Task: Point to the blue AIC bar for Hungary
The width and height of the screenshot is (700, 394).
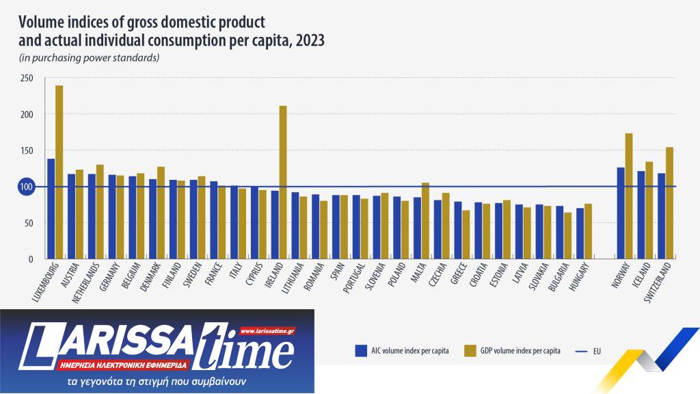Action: pyautogui.click(x=580, y=233)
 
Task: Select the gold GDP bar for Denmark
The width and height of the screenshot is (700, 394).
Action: pyautogui.click(x=161, y=213)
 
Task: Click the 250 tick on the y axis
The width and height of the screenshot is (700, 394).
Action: pyautogui.click(x=27, y=78)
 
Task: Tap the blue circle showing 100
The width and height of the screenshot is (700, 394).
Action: pyautogui.click(x=27, y=187)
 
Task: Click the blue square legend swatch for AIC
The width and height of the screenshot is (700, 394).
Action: pyautogui.click(x=362, y=351)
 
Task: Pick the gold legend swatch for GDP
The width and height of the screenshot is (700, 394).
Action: pyautogui.click(x=470, y=351)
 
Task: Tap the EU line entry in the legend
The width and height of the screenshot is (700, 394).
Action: pyautogui.click(x=588, y=351)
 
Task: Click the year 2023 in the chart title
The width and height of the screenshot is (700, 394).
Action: pyautogui.click(x=309, y=41)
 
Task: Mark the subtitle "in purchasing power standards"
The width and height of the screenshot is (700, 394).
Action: pyautogui.click(x=90, y=57)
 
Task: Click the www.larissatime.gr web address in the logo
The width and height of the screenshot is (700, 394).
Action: pyautogui.click(x=267, y=330)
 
